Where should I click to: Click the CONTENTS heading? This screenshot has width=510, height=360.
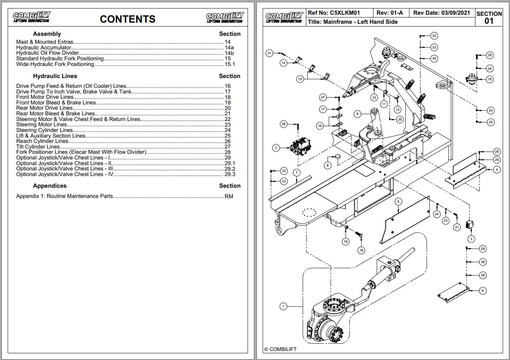pos(128,19)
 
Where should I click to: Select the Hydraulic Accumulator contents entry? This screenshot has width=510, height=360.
pos(44,47)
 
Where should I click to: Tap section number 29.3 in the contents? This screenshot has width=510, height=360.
pos(230,174)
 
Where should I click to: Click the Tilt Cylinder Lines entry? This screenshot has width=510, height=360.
pos(38,147)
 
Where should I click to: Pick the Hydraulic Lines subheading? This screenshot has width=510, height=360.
pos(55,76)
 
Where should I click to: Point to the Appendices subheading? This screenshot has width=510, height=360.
pos(50,186)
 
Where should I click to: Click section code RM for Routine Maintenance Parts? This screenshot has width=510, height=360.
pos(229,196)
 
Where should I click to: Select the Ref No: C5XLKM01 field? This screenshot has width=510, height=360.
pos(334,13)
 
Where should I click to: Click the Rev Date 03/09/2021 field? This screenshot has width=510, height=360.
pos(441,13)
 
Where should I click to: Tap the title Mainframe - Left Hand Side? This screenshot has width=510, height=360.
pos(353,22)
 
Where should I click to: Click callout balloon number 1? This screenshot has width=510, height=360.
pos(284,306)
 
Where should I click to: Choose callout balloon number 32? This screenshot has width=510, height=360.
pos(434,36)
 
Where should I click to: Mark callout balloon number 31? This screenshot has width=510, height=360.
pos(269,53)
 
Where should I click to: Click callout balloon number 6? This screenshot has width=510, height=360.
pos(483,290)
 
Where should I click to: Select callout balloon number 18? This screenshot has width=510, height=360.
pos(361,250)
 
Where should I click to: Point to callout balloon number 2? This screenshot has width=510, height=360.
pos(276,148)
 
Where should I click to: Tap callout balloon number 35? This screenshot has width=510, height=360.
pos(400,119)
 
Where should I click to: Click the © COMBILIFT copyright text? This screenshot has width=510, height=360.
pos(281,349)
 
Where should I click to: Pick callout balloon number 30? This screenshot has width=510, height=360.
pos(483,262)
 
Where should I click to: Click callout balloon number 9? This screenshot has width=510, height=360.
pos(357,113)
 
